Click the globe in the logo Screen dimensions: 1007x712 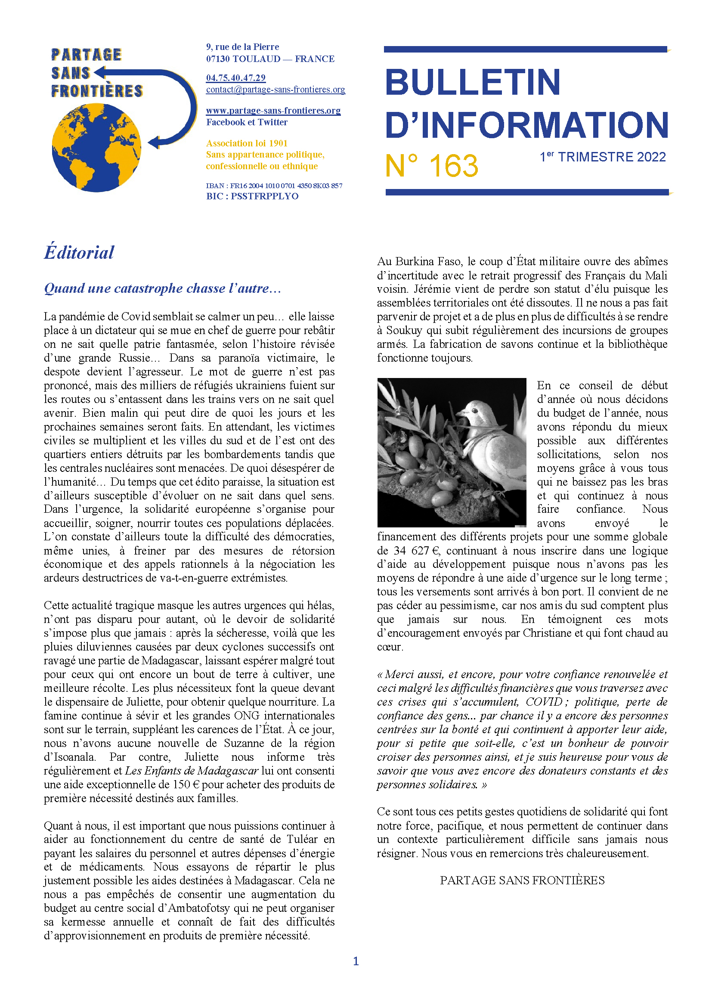click(x=96, y=147)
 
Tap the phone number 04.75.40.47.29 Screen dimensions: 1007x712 click(x=236, y=77)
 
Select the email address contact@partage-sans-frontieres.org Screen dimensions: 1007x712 click(x=276, y=90)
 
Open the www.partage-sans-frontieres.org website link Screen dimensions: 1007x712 click(x=273, y=111)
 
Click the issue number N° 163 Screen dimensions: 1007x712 click(x=431, y=166)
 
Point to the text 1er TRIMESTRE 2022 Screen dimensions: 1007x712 click(x=602, y=157)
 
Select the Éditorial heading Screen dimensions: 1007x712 click(x=79, y=253)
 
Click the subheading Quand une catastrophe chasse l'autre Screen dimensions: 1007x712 click(x=162, y=288)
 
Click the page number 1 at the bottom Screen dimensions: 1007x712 click(x=356, y=961)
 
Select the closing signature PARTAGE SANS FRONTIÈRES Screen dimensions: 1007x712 click(x=522, y=880)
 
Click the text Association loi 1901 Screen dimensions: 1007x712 click(x=247, y=143)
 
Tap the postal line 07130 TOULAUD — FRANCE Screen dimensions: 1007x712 click(x=270, y=59)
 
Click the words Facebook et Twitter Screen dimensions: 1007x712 click(x=247, y=122)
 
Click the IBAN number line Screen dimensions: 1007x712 click(x=274, y=186)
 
